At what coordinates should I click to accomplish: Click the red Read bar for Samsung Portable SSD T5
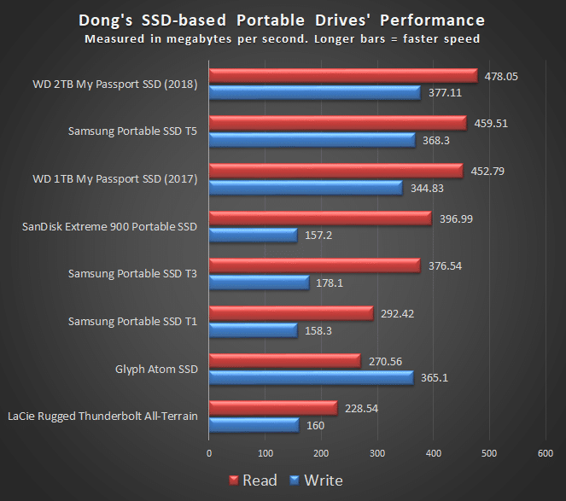(x=337, y=124)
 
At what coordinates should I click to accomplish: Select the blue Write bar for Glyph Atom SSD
(x=311, y=377)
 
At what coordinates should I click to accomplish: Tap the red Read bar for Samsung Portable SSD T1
(x=290, y=313)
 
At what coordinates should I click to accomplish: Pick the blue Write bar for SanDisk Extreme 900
(x=253, y=235)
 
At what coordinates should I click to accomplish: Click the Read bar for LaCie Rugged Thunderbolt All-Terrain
(x=272, y=409)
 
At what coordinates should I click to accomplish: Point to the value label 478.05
(x=501, y=75)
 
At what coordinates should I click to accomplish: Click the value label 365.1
(x=435, y=377)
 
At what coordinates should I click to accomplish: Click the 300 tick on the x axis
(x=377, y=453)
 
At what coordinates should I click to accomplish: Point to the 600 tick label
(x=546, y=453)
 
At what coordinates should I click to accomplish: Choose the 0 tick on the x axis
(x=209, y=453)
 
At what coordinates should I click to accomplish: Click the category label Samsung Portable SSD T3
(x=132, y=273)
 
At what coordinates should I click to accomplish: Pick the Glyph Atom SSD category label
(x=156, y=369)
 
